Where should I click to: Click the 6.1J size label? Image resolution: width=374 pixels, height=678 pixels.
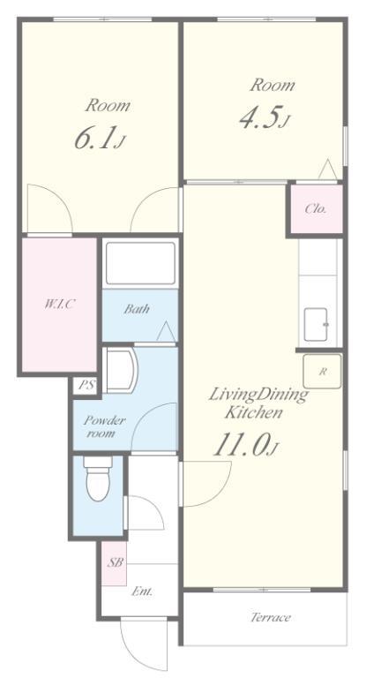click(x=100, y=139)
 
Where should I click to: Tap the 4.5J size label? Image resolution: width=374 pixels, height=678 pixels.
click(x=264, y=117)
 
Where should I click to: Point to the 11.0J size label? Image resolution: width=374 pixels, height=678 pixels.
click(x=245, y=445)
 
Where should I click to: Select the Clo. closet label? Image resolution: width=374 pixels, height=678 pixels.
click(x=316, y=209)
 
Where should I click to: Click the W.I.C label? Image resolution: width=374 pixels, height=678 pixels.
click(x=60, y=304)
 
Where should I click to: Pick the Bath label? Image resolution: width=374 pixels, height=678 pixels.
click(x=137, y=309)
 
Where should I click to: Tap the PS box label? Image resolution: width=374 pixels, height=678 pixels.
click(x=87, y=385)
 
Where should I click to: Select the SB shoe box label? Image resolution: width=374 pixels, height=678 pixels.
click(x=116, y=562)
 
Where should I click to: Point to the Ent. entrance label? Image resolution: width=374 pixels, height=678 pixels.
click(x=142, y=591)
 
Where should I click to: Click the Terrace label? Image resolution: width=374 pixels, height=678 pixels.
click(x=271, y=617)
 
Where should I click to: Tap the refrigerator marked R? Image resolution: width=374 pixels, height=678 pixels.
click(x=322, y=372)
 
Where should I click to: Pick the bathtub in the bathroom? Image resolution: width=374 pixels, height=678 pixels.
click(x=140, y=264)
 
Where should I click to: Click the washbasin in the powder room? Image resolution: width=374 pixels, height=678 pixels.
click(x=121, y=371)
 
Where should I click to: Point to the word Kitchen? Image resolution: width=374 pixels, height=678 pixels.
click(x=253, y=413)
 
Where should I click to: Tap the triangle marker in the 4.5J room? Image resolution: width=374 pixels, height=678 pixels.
click(x=327, y=169)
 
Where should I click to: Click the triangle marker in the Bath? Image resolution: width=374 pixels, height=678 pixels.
click(x=166, y=332)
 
